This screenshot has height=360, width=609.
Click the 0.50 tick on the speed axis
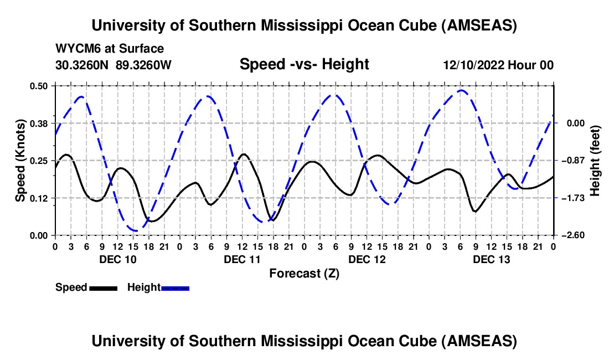(39, 86)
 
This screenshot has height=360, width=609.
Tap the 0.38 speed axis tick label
(39, 123)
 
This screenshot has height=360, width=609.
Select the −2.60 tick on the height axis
(571, 235)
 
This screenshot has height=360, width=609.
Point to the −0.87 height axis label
(571, 161)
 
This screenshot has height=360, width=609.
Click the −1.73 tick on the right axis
(571, 198)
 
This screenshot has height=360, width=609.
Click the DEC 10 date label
(117, 259)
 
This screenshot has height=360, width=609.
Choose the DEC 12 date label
(367, 259)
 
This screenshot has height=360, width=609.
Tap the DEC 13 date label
(491, 259)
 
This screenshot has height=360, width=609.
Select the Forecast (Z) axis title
(304, 273)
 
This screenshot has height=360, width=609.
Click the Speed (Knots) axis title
(20, 160)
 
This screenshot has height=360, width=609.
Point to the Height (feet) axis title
(596, 160)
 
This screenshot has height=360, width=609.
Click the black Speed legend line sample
(103, 288)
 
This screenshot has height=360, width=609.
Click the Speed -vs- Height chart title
(304, 64)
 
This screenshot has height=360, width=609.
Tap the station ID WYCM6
(76, 49)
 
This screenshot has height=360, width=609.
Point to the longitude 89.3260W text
(144, 65)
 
